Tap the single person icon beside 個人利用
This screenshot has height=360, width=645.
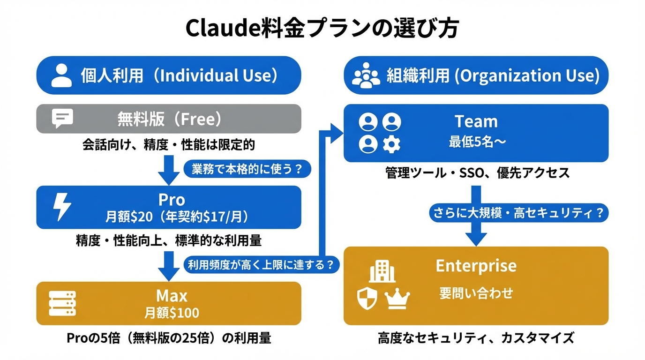[x=61, y=75]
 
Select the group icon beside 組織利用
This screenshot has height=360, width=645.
[x=366, y=75]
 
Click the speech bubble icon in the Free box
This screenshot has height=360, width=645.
[x=62, y=119]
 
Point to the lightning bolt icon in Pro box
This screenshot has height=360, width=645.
[x=62, y=207]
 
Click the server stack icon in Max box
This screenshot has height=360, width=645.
[x=62, y=303]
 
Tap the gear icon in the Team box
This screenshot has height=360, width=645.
[x=392, y=144]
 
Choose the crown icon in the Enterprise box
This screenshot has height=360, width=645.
[x=397, y=299]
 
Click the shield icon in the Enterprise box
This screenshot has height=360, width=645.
[x=367, y=299]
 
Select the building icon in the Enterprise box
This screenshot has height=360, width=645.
[x=382, y=271]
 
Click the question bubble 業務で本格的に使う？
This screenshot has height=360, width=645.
[x=247, y=169]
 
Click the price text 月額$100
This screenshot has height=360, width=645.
[x=172, y=313]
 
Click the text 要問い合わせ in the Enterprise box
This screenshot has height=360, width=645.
[x=476, y=294]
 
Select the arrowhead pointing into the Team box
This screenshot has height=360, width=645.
[x=337, y=134]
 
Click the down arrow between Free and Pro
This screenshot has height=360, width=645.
[x=168, y=170]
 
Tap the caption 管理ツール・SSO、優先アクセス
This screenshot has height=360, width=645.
[x=476, y=173]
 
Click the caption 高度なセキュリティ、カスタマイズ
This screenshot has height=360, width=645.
[x=476, y=337]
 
